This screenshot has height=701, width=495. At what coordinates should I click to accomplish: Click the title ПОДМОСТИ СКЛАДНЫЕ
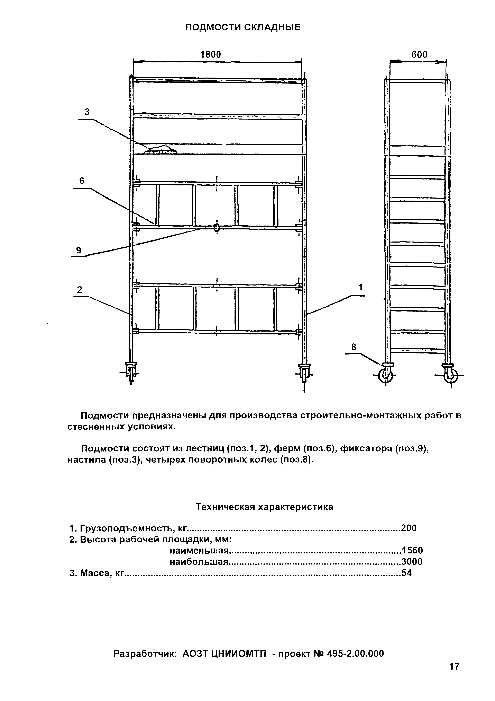click(x=243, y=27)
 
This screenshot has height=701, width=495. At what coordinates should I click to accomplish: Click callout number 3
click(x=87, y=112)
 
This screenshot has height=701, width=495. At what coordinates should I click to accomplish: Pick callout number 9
click(x=79, y=250)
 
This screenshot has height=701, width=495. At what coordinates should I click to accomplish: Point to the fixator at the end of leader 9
click(x=217, y=227)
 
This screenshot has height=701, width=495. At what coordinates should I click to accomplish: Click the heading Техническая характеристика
click(x=264, y=507)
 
